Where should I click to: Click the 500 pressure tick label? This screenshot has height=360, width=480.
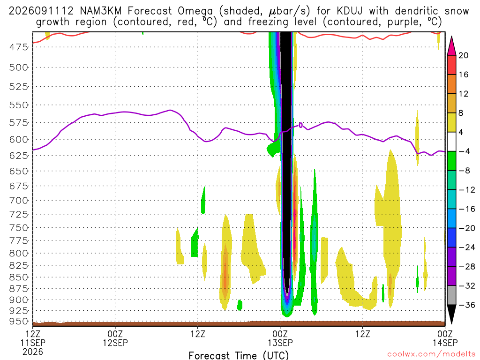coord(19,67)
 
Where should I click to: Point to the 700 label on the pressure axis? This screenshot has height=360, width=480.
coord(19,201)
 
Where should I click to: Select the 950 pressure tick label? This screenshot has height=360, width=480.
coord(19,322)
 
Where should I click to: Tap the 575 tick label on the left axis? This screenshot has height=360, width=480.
coord(19,123)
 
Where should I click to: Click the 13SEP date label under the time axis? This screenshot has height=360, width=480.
coord(280,343)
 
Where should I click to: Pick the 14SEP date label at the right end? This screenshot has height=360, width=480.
coord(445,343)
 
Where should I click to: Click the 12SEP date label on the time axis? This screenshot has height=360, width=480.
coord(115,343)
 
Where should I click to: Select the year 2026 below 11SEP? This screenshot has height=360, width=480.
coord(33,352)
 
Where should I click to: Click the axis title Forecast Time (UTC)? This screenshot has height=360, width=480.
coord(239,355)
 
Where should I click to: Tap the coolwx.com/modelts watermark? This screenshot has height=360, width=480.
coord(431,354)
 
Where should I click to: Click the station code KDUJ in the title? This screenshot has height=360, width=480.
coord(349,11)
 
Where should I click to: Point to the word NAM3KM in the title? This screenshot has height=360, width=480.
coord(101,11)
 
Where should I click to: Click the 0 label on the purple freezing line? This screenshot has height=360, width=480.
coord(301,125)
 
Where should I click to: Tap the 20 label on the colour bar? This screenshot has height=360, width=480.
coord(464,55)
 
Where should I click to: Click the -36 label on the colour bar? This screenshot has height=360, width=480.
coord(466,305)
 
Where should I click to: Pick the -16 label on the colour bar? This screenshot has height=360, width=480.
coord(466,209)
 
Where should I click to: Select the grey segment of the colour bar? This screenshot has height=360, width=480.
coord(451,295)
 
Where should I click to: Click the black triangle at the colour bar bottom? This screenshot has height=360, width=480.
coord(451,312)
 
